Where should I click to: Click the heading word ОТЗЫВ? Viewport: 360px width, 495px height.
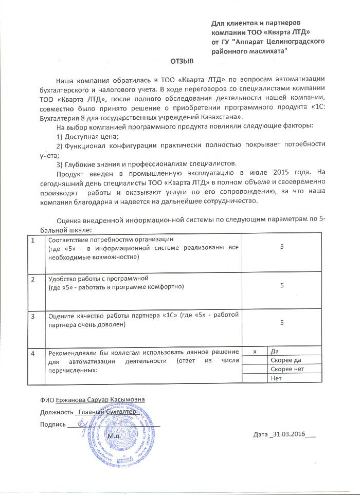(x=182, y=61)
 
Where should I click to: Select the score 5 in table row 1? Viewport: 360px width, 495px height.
(x=282, y=247)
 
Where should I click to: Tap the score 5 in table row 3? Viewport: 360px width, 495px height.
(x=282, y=322)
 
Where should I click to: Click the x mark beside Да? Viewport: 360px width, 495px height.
(x=255, y=351)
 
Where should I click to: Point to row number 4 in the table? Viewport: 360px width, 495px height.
(x=33, y=353)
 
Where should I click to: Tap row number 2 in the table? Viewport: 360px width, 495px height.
(x=33, y=279)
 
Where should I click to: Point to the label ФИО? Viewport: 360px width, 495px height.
(x=46, y=399)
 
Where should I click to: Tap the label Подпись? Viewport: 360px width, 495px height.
(x=52, y=425)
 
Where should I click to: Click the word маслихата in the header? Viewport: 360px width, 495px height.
(x=260, y=51)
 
